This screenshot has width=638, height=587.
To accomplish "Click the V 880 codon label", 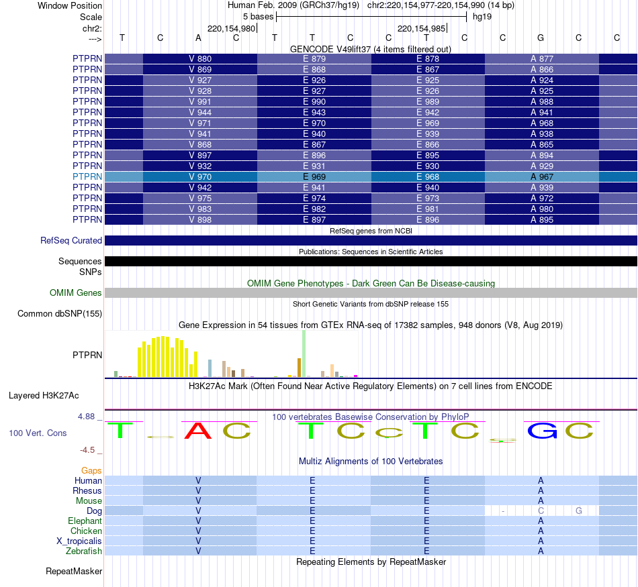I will click(200, 59).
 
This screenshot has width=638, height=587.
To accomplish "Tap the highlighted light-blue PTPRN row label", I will click(87, 176).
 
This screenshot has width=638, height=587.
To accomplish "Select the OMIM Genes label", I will click(76, 292).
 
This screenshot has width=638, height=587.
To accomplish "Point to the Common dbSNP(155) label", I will click(60, 313).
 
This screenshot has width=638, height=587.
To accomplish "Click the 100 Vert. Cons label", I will click(38, 433).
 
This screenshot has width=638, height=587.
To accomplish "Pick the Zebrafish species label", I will click(85, 551).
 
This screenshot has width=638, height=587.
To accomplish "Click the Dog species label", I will click(95, 511).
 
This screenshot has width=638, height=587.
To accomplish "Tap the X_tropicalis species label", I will click(79, 541).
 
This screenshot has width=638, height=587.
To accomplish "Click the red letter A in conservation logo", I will click(198, 431).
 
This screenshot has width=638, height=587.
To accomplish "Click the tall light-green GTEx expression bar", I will click(304, 353).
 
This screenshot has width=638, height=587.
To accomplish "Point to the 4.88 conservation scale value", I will click(89, 416).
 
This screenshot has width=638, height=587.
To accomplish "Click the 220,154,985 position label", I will click(421, 28).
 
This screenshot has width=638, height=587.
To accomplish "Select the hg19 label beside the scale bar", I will click(482, 17).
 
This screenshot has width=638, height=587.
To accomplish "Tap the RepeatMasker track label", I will click(74, 572).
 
